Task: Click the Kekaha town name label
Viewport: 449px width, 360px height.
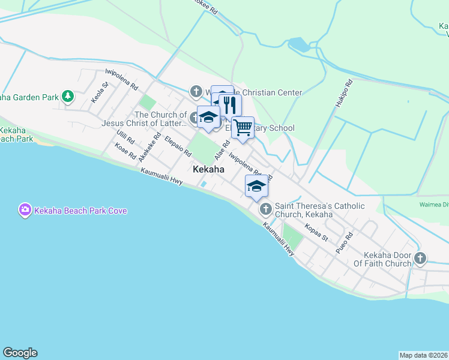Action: (209, 170)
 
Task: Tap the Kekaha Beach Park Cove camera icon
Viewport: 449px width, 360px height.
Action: (25, 210)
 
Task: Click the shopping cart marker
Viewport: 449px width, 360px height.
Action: (243, 127)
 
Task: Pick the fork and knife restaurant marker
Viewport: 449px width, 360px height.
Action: (229, 106)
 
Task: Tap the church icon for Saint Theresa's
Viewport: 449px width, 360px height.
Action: (265, 209)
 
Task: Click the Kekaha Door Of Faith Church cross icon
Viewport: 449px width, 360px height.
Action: (420, 259)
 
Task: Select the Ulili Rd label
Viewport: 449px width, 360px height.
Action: (127, 140)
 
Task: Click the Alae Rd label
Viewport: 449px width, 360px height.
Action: (223, 150)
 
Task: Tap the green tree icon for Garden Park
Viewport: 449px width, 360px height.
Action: (68, 96)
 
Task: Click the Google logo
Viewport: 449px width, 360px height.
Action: (20, 353)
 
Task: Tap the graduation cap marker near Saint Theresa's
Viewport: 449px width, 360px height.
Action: (256, 186)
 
